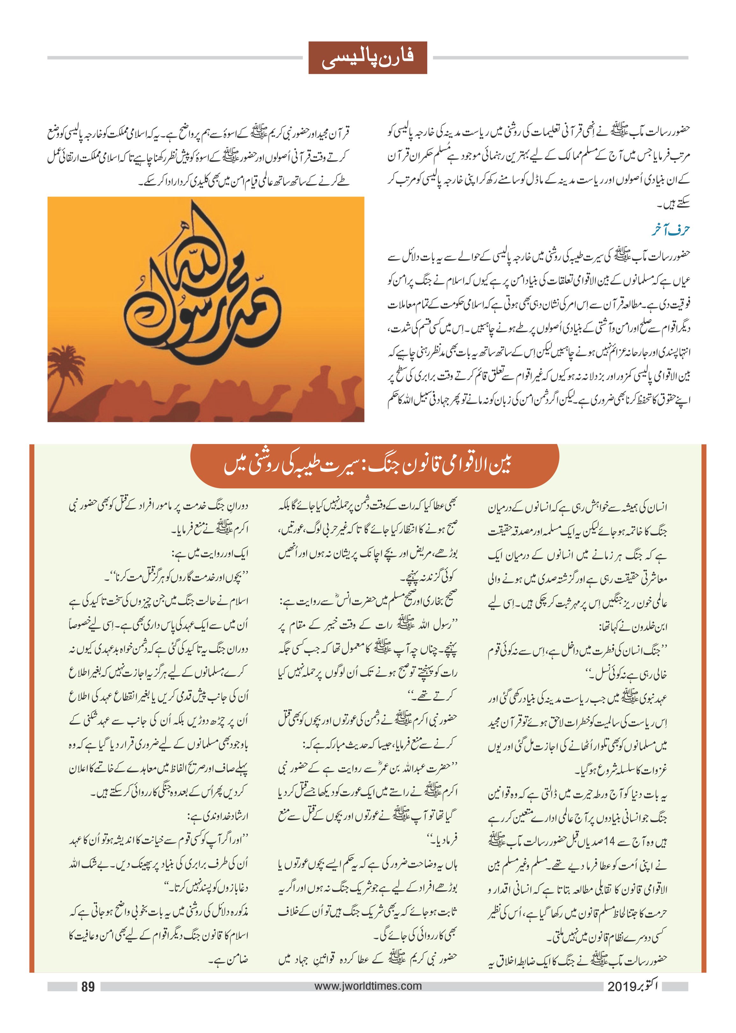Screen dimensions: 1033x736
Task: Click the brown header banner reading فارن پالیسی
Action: (x=368, y=58)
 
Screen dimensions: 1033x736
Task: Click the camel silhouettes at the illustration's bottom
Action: (x=227, y=403)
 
